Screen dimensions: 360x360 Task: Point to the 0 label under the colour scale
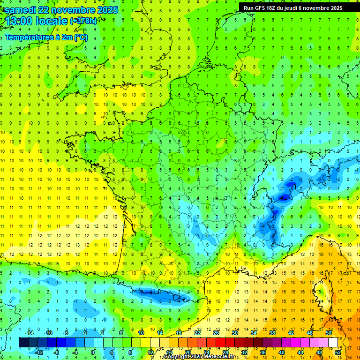point(92,352)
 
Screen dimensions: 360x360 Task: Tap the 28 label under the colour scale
point(225,352)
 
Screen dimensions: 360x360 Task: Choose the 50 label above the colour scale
point(328,332)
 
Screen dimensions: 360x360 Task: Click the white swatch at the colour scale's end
point(333,342)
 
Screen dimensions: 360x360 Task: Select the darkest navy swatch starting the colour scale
point(23,342)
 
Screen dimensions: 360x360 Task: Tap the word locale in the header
point(51,22)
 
